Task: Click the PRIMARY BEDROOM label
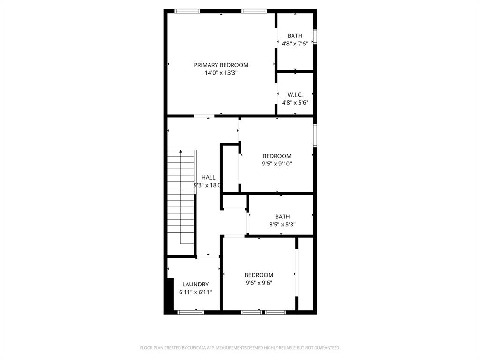221,65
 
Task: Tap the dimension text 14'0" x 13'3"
221,73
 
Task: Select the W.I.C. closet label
295,95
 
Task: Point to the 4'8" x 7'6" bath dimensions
295,44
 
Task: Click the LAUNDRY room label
195,285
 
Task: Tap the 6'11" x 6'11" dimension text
195,292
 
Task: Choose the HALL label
209,177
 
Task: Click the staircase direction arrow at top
181,151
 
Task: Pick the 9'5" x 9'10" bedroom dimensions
277,164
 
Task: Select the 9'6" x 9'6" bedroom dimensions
258,283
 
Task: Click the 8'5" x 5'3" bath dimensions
282,224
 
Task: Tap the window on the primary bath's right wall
315,37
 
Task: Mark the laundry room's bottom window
191,312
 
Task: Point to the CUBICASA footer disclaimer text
240,348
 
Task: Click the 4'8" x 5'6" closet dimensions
295,102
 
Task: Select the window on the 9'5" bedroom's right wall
315,135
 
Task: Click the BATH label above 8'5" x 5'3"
282,217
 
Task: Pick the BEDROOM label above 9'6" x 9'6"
258,275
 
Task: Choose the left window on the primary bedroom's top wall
187,11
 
